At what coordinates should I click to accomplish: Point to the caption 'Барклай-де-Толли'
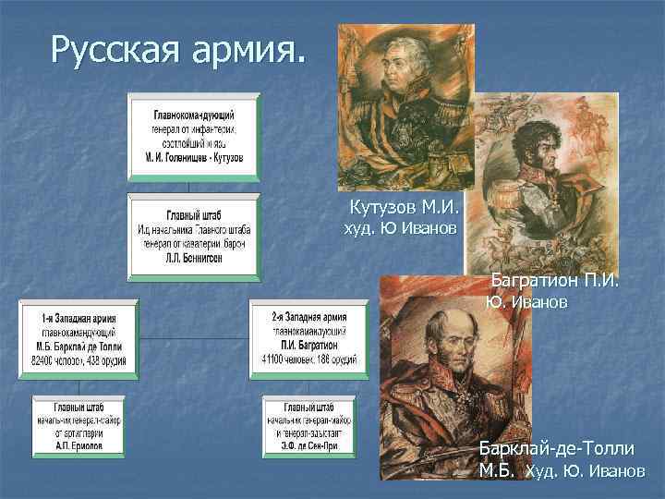(556, 449)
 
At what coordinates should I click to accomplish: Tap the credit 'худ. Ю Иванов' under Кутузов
(400, 227)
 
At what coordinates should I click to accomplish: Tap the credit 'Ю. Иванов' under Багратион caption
(526, 302)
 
